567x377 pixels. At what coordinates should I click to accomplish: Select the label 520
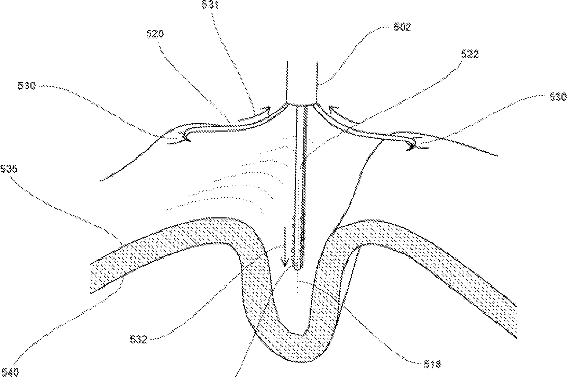point(155,34)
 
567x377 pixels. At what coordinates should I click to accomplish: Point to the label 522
point(470,54)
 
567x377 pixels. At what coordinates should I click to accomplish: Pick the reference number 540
point(10,372)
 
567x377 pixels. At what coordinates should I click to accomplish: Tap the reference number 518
point(432,364)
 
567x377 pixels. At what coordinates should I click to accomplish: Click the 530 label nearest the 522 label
point(557,97)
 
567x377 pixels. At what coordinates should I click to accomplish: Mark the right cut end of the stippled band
point(516,322)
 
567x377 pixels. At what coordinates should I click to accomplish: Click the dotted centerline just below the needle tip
point(298,284)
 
